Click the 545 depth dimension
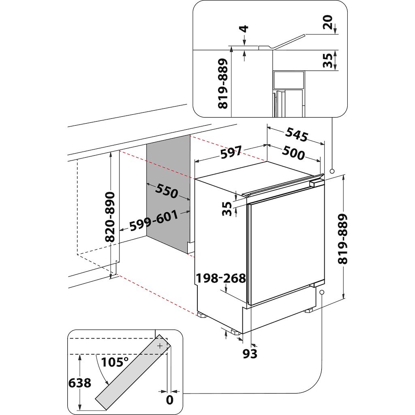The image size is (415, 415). click(297, 135)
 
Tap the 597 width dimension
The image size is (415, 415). click(231, 153)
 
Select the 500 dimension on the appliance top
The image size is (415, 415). click(293, 154)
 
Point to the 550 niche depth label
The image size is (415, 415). click(166, 192)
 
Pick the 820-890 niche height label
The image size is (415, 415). click(110, 217)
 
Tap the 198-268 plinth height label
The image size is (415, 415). click(221, 278)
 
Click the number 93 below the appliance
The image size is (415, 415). click(250, 354)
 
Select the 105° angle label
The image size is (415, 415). click(115, 362)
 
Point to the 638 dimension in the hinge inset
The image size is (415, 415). click(80, 383)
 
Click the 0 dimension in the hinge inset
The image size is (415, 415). click(169, 400)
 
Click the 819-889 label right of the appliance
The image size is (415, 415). click(343, 239)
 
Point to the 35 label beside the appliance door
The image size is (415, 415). click(228, 209)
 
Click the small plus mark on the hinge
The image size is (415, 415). click(160, 346)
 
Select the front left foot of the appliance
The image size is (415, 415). click(235, 331)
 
